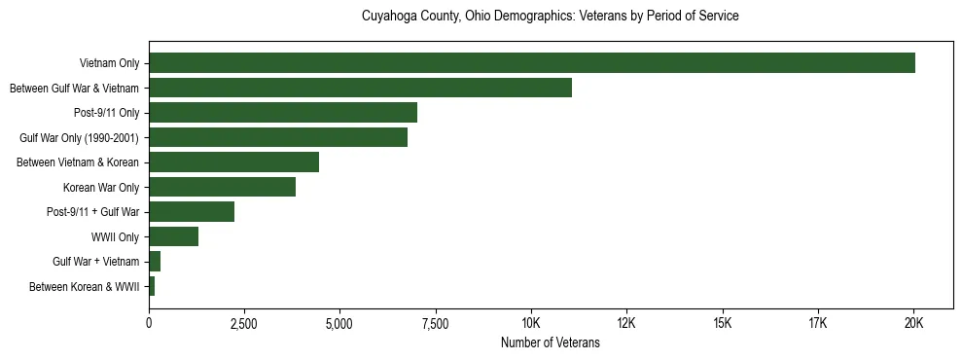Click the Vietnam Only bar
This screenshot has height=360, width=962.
point(532,63)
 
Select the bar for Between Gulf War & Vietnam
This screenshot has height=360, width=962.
point(360,88)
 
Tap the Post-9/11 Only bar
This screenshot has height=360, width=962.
point(283,113)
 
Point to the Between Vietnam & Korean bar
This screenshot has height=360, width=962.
point(233,162)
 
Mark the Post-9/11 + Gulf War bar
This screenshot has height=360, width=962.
point(192,212)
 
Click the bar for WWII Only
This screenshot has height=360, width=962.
point(173,236)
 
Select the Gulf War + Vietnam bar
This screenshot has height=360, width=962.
point(155,262)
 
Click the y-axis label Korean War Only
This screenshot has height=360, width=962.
point(101,187)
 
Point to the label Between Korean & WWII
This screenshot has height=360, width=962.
point(85,287)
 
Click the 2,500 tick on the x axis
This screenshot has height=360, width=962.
point(244,323)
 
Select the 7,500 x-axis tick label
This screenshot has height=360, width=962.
point(436,323)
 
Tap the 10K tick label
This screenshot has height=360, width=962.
point(531,323)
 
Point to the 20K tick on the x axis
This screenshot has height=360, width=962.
point(913,323)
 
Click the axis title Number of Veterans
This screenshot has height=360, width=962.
point(551,342)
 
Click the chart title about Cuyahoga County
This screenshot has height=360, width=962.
point(551,17)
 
